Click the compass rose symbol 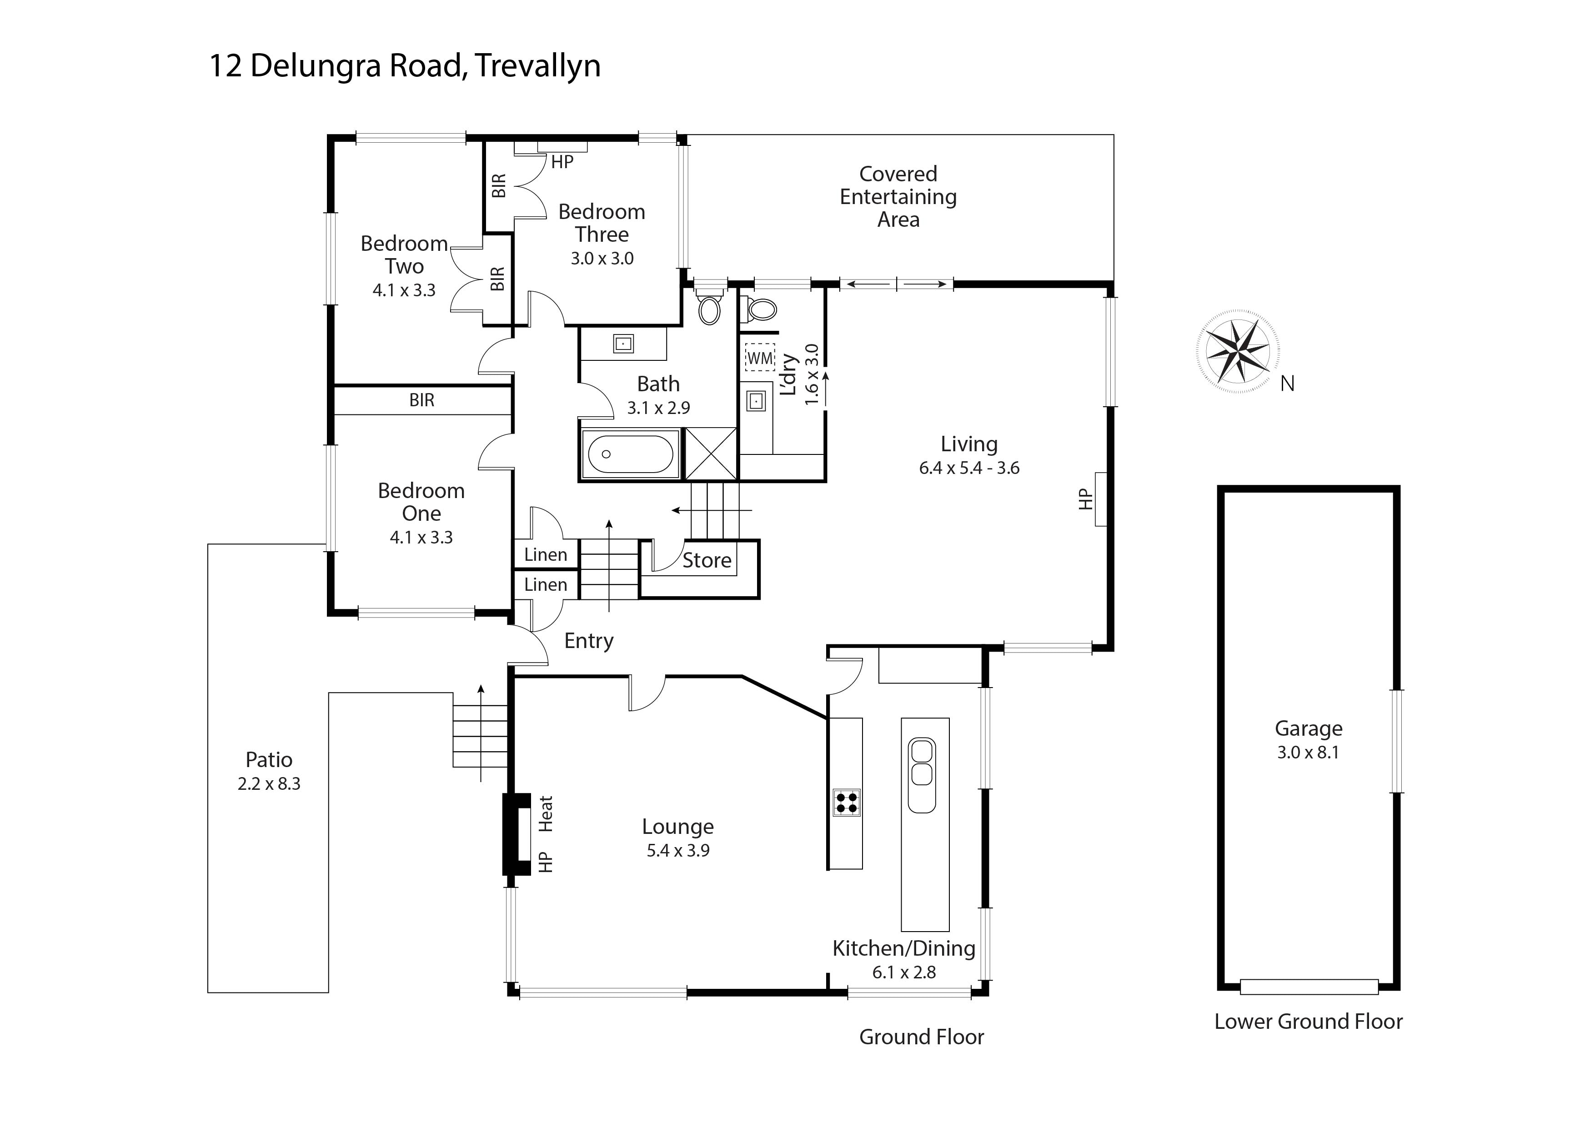tap(1238, 351)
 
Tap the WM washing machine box tap(759, 358)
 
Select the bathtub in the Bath tap(630, 454)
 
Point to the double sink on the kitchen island tap(922, 775)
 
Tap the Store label tap(707, 560)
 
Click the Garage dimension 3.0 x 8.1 tap(1308, 752)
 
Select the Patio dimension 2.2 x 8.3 tap(269, 784)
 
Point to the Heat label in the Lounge tap(546, 814)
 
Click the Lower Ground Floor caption tap(1308, 1022)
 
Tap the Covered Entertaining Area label tap(898, 196)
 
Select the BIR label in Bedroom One tap(421, 401)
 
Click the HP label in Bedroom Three tap(562, 162)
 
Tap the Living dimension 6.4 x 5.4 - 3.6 tap(969, 468)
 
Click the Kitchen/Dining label tap(904, 948)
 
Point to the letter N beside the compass tap(1287, 383)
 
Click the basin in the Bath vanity tap(623, 343)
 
